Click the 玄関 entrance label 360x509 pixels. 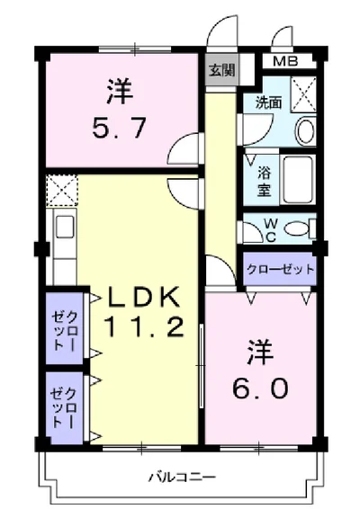click(x=220, y=70)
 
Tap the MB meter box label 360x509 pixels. click(x=288, y=62)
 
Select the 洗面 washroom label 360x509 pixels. click(x=268, y=103)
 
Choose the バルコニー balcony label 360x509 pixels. click(x=181, y=478)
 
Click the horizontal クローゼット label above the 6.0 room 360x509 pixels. click(x=280, y=268)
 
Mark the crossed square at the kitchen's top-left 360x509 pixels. click(x=63, y=190)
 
